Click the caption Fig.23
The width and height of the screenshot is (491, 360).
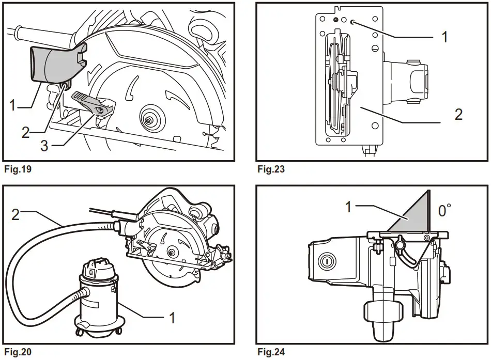pyautogui.click(x=270, y=168)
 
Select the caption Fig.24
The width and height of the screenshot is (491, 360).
pyautogui.click(x=270, y=353)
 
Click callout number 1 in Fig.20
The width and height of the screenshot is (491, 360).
pyautogui.click(x=172, y=317)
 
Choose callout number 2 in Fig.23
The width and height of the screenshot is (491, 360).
pyautogui.click(x=458, y=115)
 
